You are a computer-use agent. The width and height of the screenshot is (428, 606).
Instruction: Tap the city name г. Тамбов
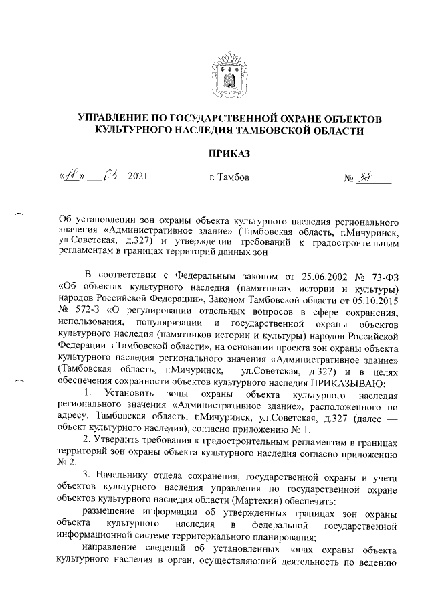(229, 178)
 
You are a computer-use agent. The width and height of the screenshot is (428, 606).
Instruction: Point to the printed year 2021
(136, 177)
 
